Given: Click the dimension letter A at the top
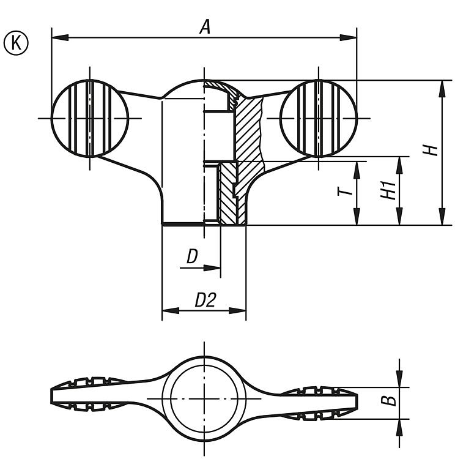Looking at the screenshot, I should (x=205, y=26).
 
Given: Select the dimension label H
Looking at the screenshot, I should (x=433, y=151).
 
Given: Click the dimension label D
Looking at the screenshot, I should (x=193, y=258).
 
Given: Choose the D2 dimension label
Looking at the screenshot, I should (x=206, y=300).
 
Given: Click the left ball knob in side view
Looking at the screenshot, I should (x=90, y=118).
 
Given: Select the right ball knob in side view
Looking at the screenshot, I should (x=319, y=118).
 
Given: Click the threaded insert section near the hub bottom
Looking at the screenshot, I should (x=229, y=193).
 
